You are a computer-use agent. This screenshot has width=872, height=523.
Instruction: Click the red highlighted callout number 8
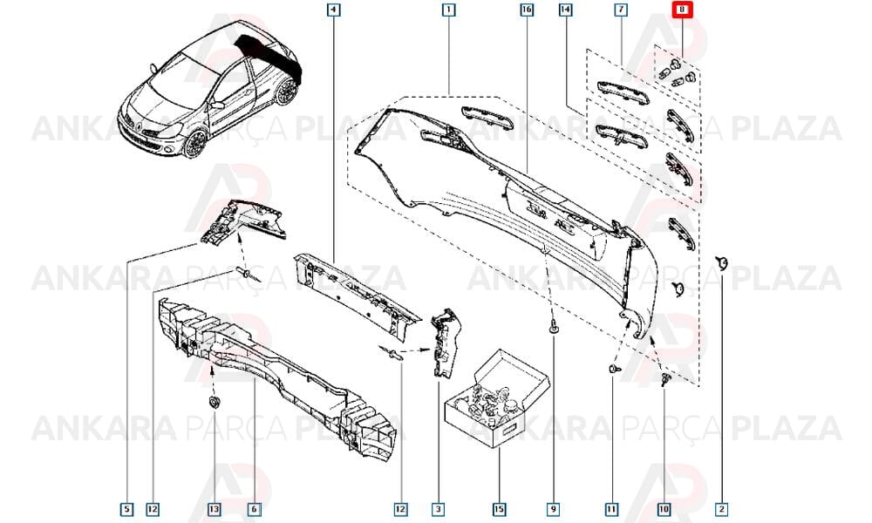point(682,10)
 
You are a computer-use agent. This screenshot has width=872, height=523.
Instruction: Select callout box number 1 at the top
point(448,10)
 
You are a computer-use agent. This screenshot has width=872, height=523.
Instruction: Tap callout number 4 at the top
point(333,10)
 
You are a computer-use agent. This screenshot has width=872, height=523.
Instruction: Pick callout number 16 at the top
point(527,10)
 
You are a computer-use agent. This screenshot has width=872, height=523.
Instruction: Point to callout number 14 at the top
point(565,10)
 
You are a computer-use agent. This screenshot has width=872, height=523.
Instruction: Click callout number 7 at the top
point(621,10)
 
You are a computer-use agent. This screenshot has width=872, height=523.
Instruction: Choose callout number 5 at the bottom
point(126,508)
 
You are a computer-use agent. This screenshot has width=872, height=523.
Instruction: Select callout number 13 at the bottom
point(215,508)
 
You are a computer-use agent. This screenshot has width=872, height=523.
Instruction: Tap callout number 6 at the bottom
point(254,508)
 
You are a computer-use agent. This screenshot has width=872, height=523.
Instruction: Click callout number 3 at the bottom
point(439,508)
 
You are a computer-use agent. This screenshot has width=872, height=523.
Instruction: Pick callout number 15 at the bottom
point(499,508)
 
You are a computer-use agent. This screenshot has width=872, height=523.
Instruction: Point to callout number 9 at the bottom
point(554,508)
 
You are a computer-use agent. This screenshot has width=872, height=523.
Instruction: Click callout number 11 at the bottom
point(611,508)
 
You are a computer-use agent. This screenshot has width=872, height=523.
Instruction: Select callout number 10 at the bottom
point(664,508)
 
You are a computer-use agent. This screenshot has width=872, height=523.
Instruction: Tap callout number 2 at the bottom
point(722,508)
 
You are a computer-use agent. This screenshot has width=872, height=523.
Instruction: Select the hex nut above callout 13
point(213,402)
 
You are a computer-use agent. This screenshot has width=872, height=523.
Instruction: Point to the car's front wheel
point(195,144)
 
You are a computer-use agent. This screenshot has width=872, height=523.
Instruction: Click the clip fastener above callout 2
point(722,263)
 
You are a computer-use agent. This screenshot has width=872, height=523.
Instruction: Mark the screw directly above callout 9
point(554,328)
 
